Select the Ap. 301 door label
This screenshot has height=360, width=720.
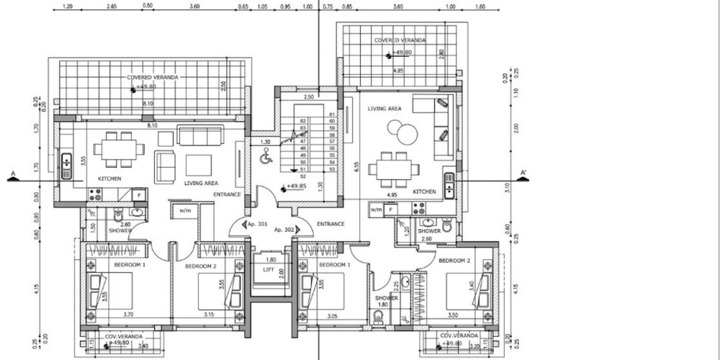(258, 224)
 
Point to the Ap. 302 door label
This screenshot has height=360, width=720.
(284, 230)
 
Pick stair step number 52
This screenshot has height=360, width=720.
(302, 176)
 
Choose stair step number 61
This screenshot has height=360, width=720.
(332, 114)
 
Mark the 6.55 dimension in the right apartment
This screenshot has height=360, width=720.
(357, 165)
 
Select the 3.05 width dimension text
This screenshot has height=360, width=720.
(332, 314)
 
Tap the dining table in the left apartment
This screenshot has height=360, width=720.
(120, 149)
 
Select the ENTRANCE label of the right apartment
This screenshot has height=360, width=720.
(330, 224)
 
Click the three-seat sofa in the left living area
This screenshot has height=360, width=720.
(201, 135)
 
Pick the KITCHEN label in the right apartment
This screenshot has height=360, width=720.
(424, 192)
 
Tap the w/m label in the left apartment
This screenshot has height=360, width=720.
(179, 210)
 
